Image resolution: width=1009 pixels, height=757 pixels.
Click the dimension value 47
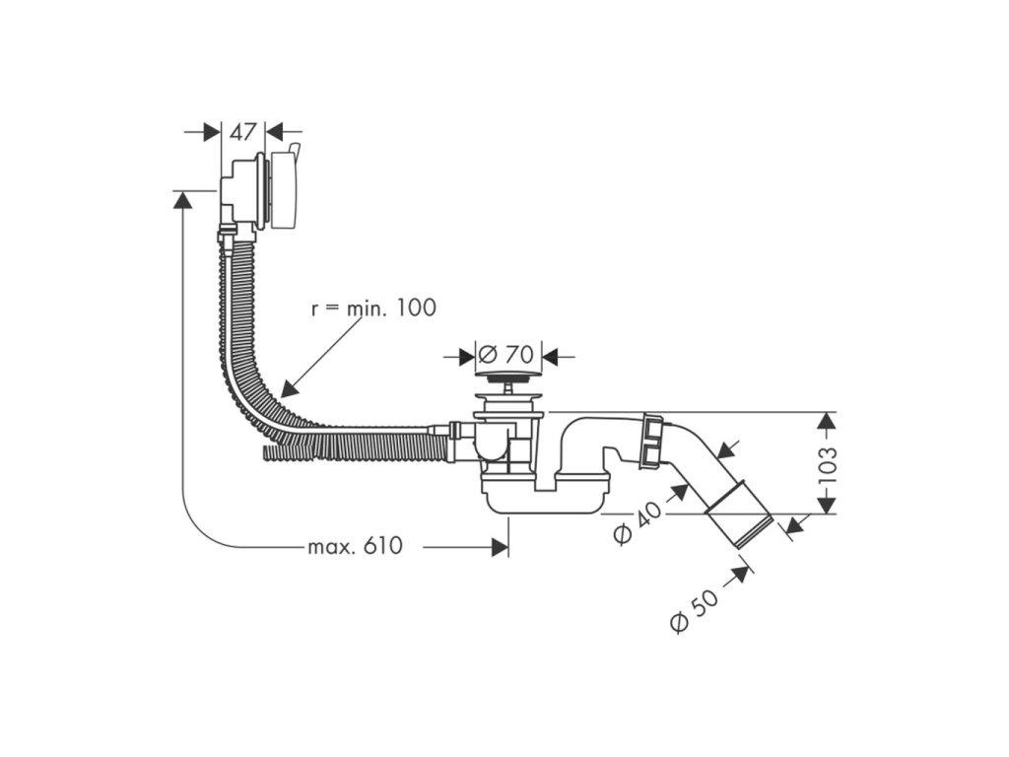243,132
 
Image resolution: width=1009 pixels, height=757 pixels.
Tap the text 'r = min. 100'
373,308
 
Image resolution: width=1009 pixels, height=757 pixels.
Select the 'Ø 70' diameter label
505,354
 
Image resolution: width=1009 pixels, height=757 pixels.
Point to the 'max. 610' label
355,546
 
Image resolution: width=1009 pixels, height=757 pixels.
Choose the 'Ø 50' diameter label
693,611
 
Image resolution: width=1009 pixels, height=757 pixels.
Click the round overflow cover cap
284,190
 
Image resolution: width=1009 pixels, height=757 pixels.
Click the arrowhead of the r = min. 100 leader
289,388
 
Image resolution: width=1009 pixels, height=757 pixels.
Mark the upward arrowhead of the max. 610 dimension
182,200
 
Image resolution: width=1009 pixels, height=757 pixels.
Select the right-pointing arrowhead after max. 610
500,547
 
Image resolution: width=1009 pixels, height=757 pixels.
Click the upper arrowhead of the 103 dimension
827,421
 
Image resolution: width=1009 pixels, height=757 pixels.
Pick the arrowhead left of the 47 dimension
211,133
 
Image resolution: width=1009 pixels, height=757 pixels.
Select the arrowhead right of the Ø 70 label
551,355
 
